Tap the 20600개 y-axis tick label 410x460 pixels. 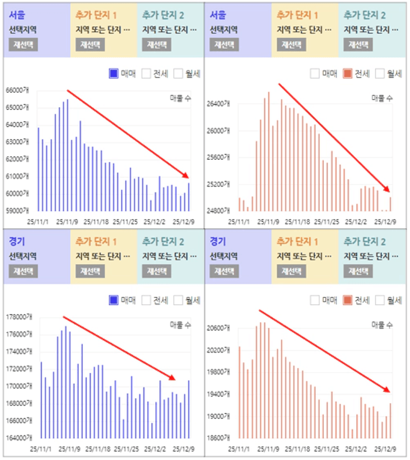[x=218, y=329]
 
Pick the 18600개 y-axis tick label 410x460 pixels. [x=218, y=438]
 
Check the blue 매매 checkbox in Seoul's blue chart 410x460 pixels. [x=113, y=74]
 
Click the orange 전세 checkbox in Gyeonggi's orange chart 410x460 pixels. [x=348, y=300]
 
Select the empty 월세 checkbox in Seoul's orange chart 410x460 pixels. [x=380, y=74]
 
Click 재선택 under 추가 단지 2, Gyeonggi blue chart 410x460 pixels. [x=157, y=271]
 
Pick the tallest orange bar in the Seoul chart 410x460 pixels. [x=269, y=151]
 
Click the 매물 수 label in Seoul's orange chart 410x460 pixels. [x=382, y=98]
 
